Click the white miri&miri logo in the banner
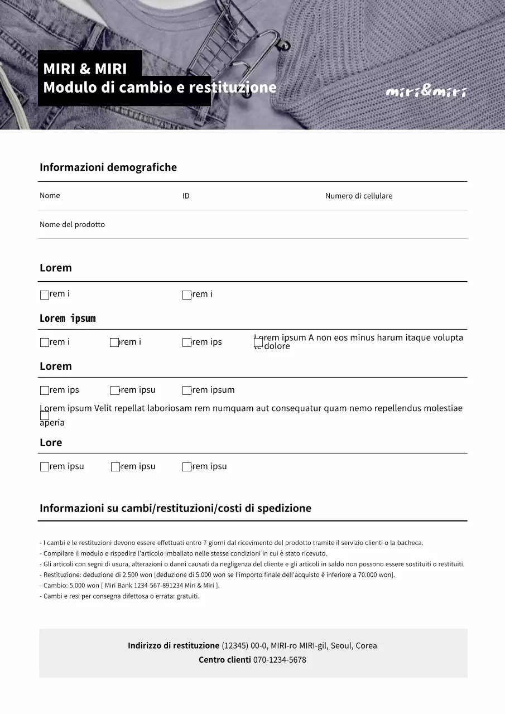pos(426,91)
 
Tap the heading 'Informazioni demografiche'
pos(108,167)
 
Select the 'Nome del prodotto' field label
pos(72,224)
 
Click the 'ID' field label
pos(186,196)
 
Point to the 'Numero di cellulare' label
pos(359,196)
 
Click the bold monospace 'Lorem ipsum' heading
pos(68,319)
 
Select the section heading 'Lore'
pos(51,442)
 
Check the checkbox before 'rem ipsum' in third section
pos(187,390)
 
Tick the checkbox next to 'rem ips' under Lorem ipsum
pos(187,342)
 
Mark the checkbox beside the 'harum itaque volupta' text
pos(258,342)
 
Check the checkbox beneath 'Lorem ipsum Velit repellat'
pos(45,416)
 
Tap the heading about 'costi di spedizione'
pos(175,508)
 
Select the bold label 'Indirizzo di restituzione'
pos(174,645)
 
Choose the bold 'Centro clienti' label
pos(224,660)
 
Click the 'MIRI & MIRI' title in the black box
pos(85,69)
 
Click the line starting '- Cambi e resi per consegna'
pos(119,596)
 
